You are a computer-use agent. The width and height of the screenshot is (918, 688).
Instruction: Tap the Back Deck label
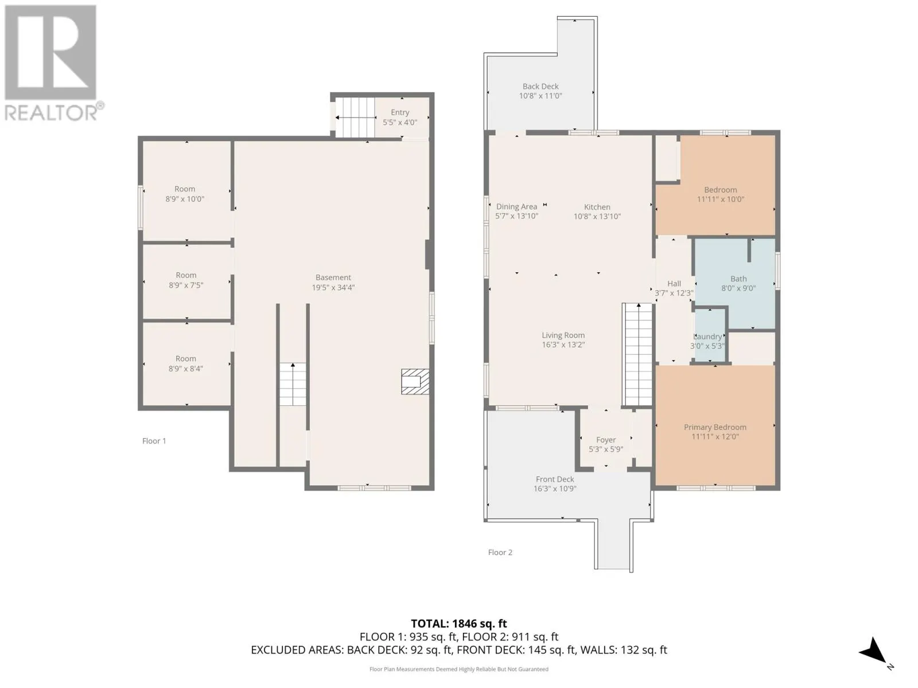pos(540,87)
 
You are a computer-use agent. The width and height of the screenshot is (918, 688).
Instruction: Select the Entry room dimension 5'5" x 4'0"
pos(400,122)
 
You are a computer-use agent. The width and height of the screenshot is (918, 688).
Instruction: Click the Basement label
pos(333,277)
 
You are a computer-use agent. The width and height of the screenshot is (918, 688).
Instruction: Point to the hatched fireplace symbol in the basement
pos(414,382)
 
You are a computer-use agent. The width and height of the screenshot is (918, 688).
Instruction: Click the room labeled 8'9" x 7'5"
pos(186,280)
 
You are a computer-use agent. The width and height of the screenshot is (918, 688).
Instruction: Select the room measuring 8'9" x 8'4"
pos(186,363)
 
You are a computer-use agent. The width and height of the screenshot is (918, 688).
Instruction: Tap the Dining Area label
pos(516,207)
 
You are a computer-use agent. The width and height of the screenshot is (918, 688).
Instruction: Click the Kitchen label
pos(597,207)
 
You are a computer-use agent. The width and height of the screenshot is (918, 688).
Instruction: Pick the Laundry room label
pos(708,337)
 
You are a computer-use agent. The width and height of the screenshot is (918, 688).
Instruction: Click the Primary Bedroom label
pos(715,427)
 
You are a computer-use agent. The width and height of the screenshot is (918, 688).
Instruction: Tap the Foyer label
pos(606,440)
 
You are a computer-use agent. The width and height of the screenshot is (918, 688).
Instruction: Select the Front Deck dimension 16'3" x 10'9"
pos(554,489)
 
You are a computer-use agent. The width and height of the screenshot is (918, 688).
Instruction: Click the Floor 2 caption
pos(500,552)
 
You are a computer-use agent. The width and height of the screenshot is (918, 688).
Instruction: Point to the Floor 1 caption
pos(154,441)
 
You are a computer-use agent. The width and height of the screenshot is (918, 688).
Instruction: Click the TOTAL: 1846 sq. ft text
pos(458,624)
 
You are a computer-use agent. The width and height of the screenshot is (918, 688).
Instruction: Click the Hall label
pos(674,284)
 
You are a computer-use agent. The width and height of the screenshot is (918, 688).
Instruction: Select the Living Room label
pos(563,335)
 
